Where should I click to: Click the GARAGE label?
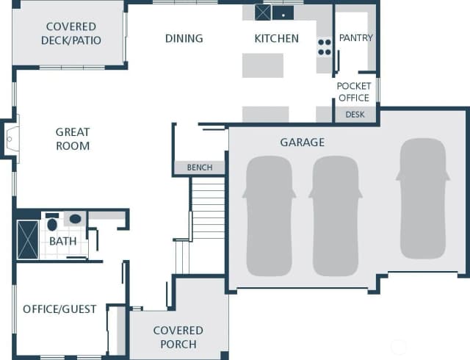click(302, 143)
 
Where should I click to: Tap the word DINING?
click(184, 38)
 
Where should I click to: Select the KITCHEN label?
click(276, 38)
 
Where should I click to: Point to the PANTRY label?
click(355, 37)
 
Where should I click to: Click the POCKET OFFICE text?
click(354, 92)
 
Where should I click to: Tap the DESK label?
click(355, 115)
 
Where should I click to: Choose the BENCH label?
click(200, 168)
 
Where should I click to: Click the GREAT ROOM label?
click(73, 139)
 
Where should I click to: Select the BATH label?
click(62, 241)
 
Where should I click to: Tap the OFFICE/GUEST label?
click(59, 309)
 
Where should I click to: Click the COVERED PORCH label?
click(178, 337)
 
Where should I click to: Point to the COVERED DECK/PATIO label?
click(71, 33)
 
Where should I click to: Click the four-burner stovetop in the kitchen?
click(325, 47)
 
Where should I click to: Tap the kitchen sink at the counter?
click(283, 13)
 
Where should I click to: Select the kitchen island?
click(263, 65)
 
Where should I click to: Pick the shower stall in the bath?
click(28, 240)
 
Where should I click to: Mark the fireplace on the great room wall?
click(12, 139)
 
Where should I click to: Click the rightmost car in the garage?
click(423, 198)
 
